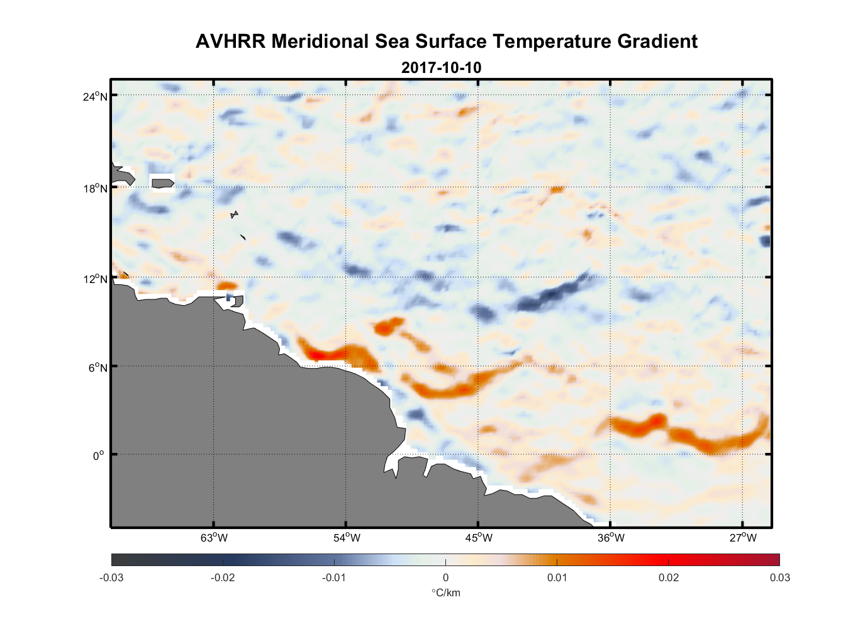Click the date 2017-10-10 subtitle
click(441, 67)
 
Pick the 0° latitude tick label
click(99, 455)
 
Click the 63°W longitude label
click(214, 538)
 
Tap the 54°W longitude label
click(347, 538)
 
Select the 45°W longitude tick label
click(479, 538)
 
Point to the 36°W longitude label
click(611, 538)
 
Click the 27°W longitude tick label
click(743, 538)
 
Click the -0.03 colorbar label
click(111, 577)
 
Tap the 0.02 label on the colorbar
click(668, 577)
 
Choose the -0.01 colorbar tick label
click(333, 577)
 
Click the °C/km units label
click(445, 593)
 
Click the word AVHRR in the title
click(230, 42)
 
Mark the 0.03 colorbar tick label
click(779, 577)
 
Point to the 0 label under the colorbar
click(445, 577)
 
